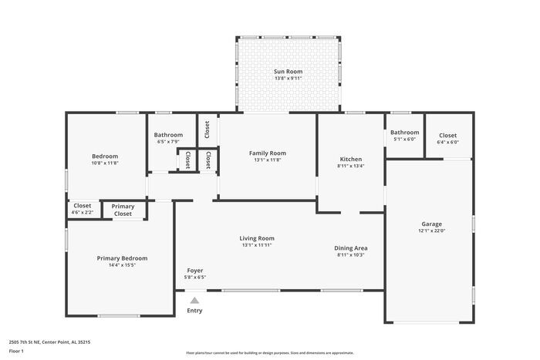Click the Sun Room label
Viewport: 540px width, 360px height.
[289, 71]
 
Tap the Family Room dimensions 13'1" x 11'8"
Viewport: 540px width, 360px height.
[268, 160]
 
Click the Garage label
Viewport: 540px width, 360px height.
[431, 224]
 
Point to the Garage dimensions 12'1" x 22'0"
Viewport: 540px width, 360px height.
[431, 231]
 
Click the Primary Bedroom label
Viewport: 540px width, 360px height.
[122, 258]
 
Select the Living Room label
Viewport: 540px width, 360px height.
[257, 238]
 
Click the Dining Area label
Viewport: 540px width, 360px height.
[350, 248]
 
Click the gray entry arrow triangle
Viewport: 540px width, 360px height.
[194, 301]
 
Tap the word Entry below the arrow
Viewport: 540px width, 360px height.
[194, 311]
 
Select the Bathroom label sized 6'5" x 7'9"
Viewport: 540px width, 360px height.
[168, 135]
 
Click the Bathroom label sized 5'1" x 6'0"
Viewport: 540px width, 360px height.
[404, 133]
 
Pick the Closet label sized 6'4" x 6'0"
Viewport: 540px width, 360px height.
[447, 135]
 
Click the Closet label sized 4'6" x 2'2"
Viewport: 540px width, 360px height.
[83, 205]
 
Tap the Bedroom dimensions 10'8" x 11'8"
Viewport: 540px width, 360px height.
[105, 163]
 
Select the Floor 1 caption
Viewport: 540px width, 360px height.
[16, 351]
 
